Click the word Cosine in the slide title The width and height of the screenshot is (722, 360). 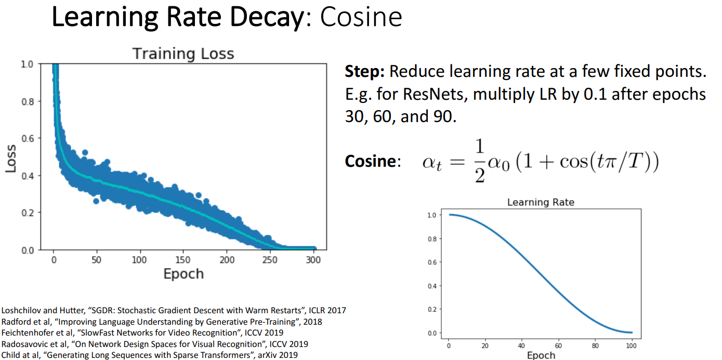[361, 17]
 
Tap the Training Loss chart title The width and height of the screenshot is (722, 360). [183, 54]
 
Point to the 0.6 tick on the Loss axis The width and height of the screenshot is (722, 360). [28, 138]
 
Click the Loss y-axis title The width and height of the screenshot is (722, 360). [10, 157]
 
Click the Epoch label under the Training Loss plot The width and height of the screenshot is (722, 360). [183, 274]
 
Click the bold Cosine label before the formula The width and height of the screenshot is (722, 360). [370, 161]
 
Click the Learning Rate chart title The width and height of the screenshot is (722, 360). [541, 202]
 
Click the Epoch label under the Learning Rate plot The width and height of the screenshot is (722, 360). [541, 355]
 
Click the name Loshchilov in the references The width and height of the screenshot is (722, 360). [21, 311]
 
